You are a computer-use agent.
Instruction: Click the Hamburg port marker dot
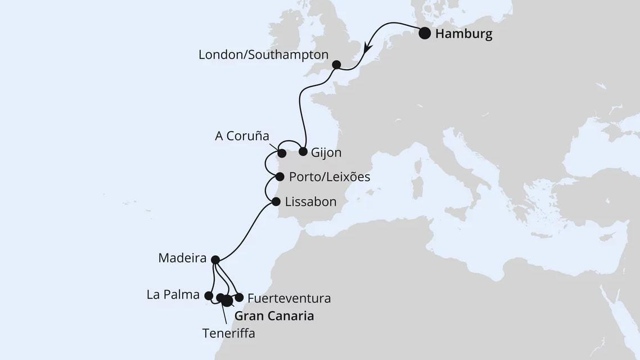[426, 33]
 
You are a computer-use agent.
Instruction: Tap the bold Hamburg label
[464, 34]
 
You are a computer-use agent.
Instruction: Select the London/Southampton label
[263, 55]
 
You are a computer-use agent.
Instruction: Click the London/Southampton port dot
[336, 65]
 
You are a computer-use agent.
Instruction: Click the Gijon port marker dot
[303, 151]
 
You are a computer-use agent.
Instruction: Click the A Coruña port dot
[282, 153]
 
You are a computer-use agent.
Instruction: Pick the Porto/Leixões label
[329, 177]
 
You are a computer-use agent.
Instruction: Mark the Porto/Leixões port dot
[280, 177]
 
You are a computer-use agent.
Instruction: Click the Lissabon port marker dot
[276, 201]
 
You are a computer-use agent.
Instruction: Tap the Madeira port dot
[215, 259]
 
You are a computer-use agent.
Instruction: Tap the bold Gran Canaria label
[274, 316]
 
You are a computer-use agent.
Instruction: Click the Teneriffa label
[228, 333]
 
